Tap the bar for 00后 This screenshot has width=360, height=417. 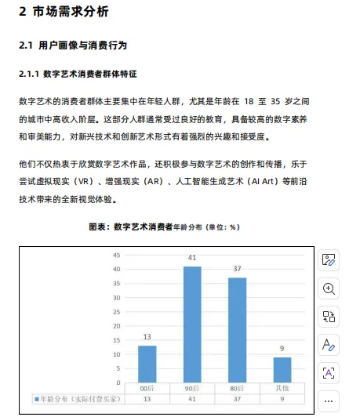pos(147,363)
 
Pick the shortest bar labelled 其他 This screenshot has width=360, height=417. pos(282,369)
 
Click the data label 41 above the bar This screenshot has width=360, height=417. pos(192,258)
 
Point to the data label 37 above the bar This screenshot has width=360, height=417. pos(237,269)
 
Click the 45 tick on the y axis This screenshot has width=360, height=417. pos(116,255)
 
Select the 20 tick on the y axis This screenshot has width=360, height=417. pos(116,325)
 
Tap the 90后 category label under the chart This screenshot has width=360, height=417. pos(192,388)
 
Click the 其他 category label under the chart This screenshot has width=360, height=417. pos(282,388)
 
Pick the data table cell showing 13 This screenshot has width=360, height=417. pos(147,398)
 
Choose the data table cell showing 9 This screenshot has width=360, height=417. pos(282,398)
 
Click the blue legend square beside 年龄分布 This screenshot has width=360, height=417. pos(36,398)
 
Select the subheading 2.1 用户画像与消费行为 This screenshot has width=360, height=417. pos(73,46)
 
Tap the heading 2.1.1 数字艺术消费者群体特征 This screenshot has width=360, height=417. pos(78,74)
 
